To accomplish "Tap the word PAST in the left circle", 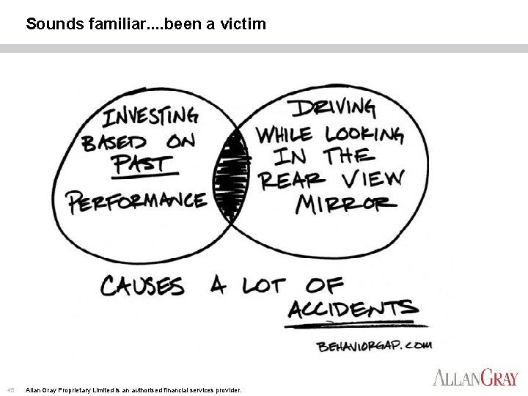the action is (x=143, y=164).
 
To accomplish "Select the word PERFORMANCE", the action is (x=136, y=200).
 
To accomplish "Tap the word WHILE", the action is (x=284, y=135).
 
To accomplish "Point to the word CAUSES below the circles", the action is (x=143, y=285).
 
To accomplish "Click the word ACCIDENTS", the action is (x=352, y=309).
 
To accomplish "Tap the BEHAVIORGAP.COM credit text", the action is (x=375, y=345).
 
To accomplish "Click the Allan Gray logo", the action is (x=475, y=378).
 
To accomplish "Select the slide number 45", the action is (x=10, y=389).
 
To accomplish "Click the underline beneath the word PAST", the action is (x=145, y=176).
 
